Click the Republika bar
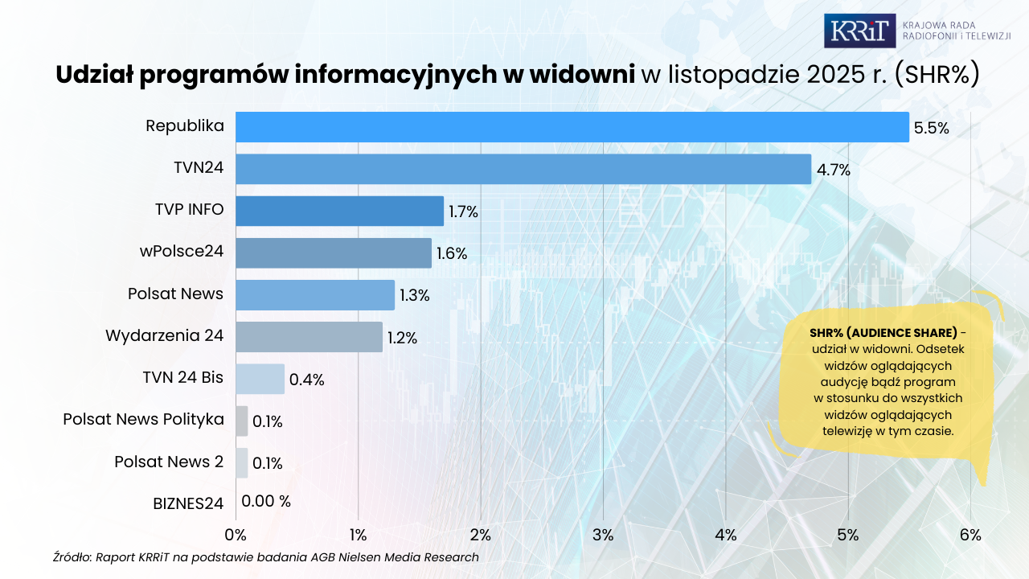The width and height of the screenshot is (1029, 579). coord(572,127)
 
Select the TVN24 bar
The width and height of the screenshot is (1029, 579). coord(523,169)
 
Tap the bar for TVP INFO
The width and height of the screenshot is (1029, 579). coord(339,211)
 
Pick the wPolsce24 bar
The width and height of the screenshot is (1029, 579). coord(334,253)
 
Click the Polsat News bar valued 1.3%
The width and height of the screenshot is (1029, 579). coord(315,294)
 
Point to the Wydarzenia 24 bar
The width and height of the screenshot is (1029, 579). coord(309,336)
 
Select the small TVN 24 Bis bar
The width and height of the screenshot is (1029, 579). coord(260,379)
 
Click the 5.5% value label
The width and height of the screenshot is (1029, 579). coord(932,128)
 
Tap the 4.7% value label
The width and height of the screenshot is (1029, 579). coord(834,170)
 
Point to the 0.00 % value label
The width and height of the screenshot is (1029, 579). coord(266,501)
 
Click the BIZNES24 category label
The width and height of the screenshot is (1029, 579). coord(188,504)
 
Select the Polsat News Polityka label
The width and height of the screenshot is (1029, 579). coord(143,420)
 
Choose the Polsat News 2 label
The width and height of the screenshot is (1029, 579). coord(169,462)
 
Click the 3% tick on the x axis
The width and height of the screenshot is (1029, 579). coord(603,535)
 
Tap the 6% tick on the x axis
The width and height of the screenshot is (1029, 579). coord(970,535)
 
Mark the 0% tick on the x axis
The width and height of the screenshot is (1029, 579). coord(236,535)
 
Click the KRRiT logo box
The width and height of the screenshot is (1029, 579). coord(859,31)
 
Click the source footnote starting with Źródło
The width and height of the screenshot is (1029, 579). coord(266,556)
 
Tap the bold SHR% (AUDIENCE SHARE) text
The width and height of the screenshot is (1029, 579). coord(883,333)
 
